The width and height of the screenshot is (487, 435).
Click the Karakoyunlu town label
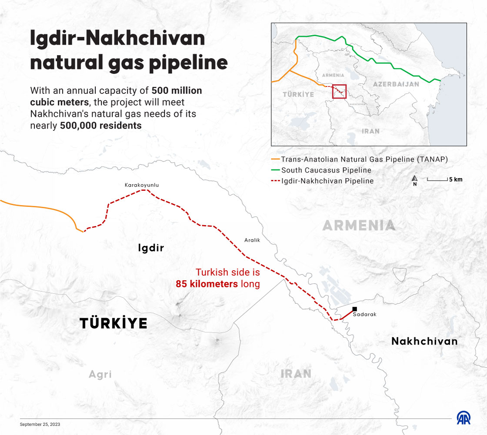(142, 185)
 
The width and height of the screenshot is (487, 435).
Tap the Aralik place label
(252, 240)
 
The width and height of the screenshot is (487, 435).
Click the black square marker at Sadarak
(354, 309)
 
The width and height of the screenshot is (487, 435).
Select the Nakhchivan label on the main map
(424, 341)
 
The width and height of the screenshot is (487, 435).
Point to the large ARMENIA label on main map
(359, 225)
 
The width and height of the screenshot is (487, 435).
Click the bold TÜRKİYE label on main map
(113, 323)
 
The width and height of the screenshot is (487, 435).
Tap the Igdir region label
(151, 248)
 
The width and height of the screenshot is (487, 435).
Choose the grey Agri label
(100, 374)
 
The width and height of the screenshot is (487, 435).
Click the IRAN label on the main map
(296, 373)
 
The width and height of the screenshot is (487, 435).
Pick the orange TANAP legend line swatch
(275, 159)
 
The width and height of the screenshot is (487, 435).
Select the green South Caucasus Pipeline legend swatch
(275, 170)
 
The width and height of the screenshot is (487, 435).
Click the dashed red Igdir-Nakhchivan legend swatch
(275, 181)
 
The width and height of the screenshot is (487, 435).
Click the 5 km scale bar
(437, 179)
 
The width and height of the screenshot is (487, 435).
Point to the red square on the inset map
(339, 91)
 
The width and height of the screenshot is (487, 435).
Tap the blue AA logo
(465, 418)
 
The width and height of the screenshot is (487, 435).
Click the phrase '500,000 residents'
(101, 126)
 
